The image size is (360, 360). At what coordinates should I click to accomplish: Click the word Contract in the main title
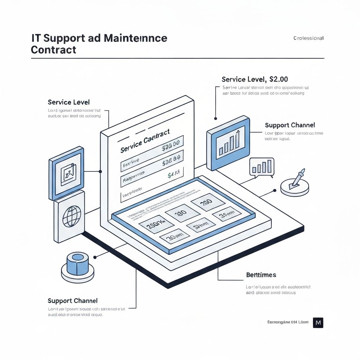pyautogui.click(x=53, y=50)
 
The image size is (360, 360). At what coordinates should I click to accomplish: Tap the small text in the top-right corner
pyautogui.click(x=308, y=38)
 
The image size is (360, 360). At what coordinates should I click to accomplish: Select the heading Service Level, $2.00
pyautogui.click(x=255, y=79)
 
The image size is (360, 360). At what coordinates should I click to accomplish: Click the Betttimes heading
pyautogui.click(x=261, y=275)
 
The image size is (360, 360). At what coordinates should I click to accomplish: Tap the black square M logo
pyautogui.click(x=318, y=322)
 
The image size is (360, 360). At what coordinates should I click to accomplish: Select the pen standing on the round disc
pyautogui.click(x=296, y=179)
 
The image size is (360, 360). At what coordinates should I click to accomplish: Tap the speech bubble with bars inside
pyautogui.click(x=262, y=167)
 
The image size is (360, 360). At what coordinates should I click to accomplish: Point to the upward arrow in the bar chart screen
pyautogui.click(x=238, y=133)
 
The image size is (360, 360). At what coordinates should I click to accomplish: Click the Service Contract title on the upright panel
pyautogui.click(x=145, y=141)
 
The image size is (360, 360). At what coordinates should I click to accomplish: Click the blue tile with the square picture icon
pyautogui.click(x=67, y=172)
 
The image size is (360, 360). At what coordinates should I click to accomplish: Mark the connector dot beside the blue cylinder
pyautogui.click(x=95, y=257)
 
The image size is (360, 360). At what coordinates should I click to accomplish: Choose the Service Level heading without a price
pyautogui.click(x=69, y=102)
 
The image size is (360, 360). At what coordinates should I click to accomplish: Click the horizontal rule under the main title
pyautogui.click(x=178, y=58)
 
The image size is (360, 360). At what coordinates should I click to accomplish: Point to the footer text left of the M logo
pyautogui.click(x=288, y=322)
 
